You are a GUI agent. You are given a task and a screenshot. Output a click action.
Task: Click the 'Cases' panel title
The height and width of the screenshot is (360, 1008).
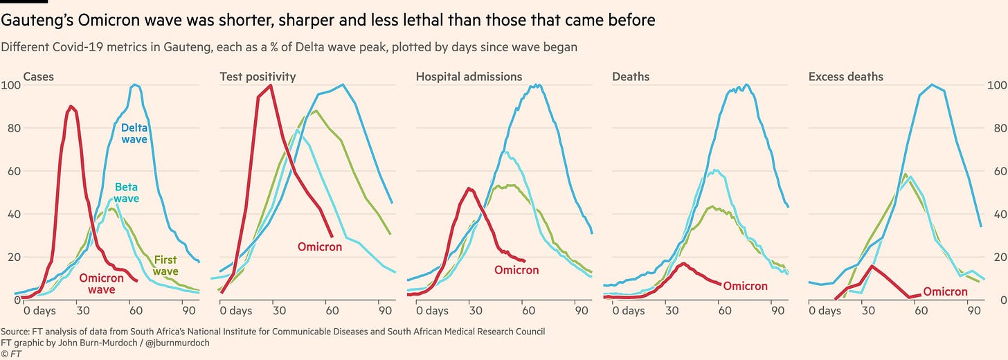[x=39, y=77]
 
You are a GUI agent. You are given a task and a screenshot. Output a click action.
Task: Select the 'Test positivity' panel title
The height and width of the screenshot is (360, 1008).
[x=258, y=77]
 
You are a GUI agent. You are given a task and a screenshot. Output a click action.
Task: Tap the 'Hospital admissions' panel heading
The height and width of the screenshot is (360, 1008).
[x=469, y=77]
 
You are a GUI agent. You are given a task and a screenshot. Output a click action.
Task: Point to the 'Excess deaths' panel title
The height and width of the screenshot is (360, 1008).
[x=846, y=77]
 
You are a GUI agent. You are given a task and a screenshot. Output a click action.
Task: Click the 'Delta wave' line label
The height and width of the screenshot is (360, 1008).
[x=134, y=134]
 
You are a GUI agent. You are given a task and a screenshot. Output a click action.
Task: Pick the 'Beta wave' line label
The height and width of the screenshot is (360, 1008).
[x=127, y=193]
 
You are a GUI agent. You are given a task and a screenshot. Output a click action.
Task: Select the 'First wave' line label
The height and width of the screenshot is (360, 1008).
[x=165, y=266]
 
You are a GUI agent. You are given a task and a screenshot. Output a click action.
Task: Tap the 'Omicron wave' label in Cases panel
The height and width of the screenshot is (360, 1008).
[x=102, y=284]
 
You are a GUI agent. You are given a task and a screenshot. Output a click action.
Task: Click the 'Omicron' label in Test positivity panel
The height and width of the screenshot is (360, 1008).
[x=320, y=247]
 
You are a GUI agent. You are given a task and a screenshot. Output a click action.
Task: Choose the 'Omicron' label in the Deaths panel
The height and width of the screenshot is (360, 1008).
[x=745, y=287]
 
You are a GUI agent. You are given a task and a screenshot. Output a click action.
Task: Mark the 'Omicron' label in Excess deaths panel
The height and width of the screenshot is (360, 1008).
[x=945, y=292]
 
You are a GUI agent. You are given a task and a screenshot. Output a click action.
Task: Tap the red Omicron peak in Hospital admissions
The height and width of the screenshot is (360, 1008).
[x=469, y=188]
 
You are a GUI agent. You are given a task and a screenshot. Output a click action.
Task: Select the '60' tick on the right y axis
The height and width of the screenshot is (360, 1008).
[x=993, y=171]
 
